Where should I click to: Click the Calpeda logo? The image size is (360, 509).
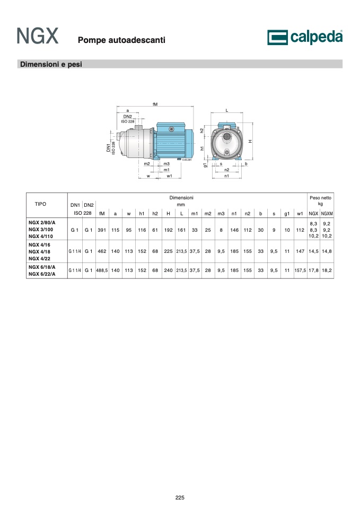point(305,37)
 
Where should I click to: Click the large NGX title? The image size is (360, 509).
point(38,36)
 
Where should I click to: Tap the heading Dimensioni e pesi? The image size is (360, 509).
point(51,64)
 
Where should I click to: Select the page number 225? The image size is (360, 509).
point(180,497)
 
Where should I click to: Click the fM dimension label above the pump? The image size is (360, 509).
point(155,104)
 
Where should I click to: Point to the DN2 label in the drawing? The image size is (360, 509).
point(128,116)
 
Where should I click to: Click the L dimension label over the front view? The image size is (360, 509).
point(227,110)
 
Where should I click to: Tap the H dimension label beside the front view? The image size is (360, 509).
point(250,141)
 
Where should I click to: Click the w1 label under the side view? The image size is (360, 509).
point(170,176)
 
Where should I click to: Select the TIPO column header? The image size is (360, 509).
point(41,204)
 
